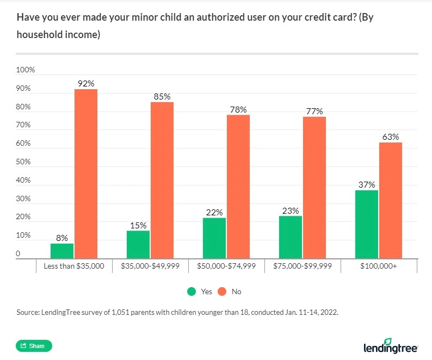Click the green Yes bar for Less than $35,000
tap(62, 251)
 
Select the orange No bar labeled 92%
tap(86, 174)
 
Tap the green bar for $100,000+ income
tap(367, 224)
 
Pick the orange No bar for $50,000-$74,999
tap(238, 187)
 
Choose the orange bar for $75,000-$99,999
tap(314, 188)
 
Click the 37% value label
tap(366, 184)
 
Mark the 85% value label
tap(162, 96)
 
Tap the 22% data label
tap(214, 212)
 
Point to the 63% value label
tap(391, 136)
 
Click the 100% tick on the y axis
tap(26, 70)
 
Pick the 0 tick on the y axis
tap(18, 253)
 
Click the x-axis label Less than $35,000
tap(73, 266)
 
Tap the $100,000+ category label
tap(379, 266)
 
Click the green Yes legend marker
tap(191, 291)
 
